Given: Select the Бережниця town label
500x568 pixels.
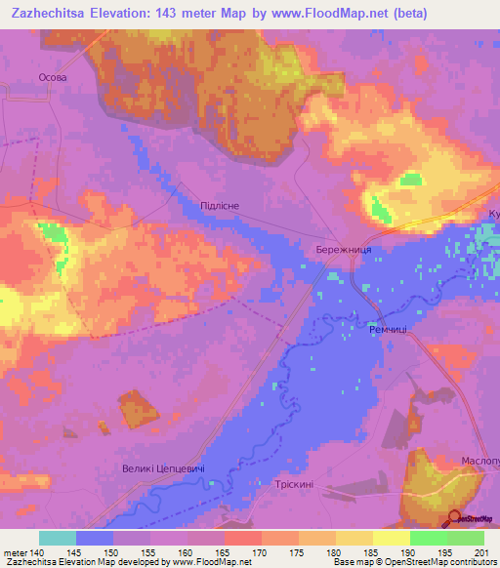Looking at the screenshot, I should tap(343, 251).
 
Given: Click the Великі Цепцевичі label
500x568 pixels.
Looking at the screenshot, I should tap(163, 470).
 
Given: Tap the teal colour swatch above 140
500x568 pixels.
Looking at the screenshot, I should tap(57, 538).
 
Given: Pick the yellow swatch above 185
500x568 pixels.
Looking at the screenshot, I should tap(354, 538).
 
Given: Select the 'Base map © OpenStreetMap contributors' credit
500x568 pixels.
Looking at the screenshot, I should tap(414, 563).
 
